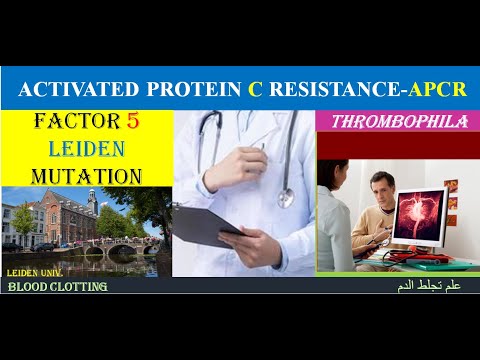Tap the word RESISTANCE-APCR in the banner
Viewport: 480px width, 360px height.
[369, 91]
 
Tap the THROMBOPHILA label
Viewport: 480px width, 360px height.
[392, 122]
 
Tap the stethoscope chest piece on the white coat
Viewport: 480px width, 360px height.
[284, 196]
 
